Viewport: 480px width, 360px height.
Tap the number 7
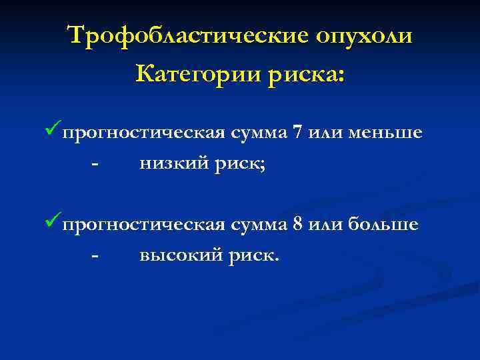coord(298,132)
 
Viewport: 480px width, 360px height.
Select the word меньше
coord(388,132)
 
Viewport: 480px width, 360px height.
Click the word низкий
coord(173,163)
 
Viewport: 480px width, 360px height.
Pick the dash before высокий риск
coord(96,257)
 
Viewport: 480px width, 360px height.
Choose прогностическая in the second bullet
coord(143,225)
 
